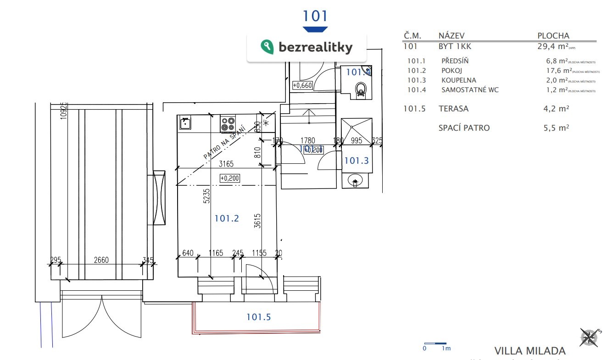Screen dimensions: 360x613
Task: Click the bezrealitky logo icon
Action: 267,47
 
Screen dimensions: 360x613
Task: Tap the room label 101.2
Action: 227,219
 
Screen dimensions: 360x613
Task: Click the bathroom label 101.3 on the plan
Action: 357,161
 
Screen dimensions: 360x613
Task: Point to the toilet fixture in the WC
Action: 362,89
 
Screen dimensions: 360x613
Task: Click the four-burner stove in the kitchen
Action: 228,123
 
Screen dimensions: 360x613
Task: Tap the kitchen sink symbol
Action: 185,123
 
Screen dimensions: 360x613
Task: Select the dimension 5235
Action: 206,195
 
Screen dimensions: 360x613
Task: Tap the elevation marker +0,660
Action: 302,85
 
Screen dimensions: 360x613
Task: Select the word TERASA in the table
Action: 453,109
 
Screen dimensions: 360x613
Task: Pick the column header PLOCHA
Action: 553,35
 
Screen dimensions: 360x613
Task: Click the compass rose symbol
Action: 590,338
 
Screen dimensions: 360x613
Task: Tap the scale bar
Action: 435,343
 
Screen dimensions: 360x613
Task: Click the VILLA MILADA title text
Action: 530,351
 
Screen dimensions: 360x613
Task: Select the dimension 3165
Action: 227,163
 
